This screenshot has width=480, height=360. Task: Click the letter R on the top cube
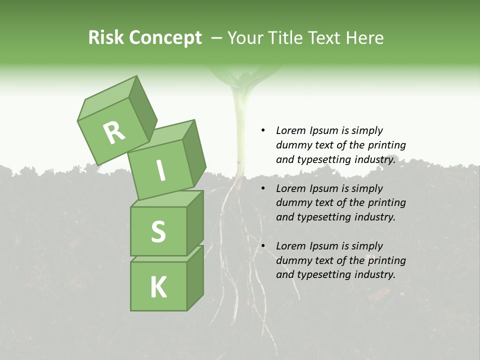114,132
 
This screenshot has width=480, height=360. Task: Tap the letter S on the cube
158,231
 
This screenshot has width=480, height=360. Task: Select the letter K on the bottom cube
158,287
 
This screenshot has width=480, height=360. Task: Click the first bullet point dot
263,130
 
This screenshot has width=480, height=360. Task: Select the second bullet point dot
263,188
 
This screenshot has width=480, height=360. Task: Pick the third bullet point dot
263,246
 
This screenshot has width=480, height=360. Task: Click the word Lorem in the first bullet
290,130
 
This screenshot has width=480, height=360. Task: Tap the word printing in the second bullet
386,202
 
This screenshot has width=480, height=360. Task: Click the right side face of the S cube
195,222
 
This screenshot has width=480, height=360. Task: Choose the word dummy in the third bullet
293,260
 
